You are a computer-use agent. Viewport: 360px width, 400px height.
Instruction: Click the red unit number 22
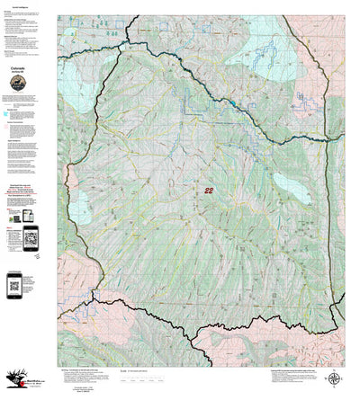point(210,191)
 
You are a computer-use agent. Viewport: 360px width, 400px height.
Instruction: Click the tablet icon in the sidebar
point(26,217)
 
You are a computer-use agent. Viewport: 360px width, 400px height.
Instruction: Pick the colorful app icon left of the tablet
point(11,217)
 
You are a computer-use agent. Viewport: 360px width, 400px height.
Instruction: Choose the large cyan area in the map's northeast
point(261,45)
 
